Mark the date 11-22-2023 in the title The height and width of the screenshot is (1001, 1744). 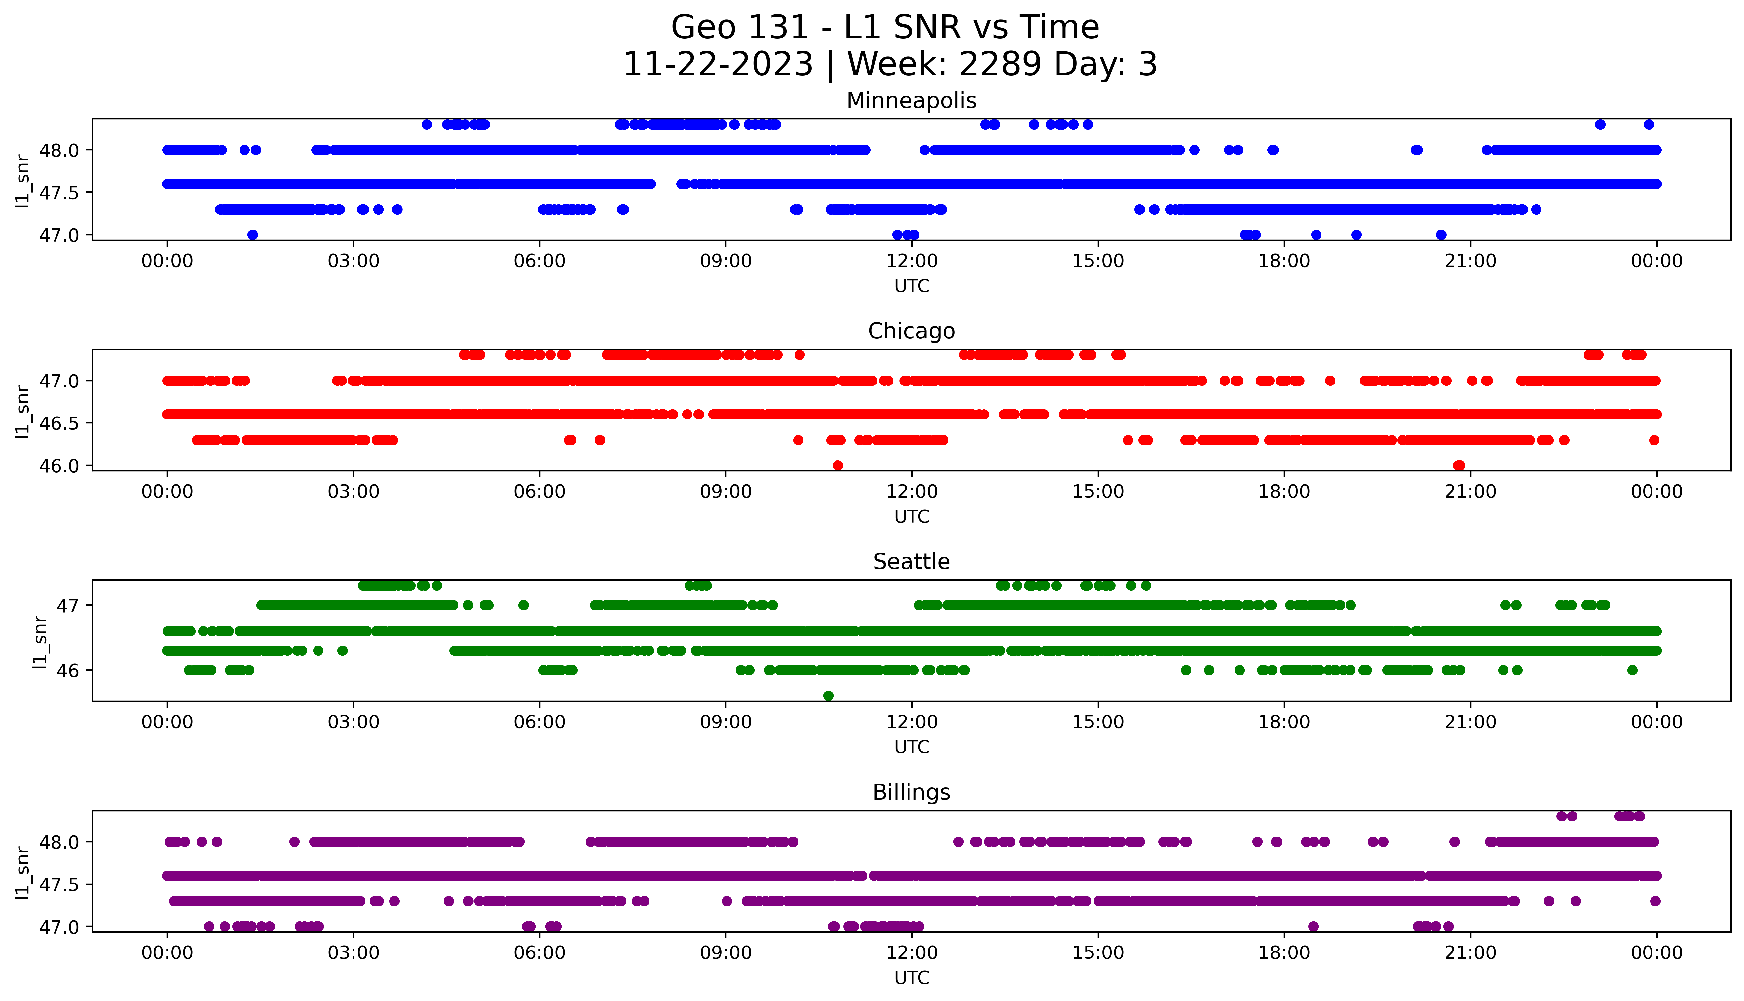pyautogui.click(x=718, y=65)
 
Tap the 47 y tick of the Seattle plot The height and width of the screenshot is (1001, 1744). pyautogui.click(x=69, y=605)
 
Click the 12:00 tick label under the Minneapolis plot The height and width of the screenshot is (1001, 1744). pyautogui.click(x=911, y=261)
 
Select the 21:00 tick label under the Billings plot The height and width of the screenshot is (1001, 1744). pyautogui.click(x=1470, y=953)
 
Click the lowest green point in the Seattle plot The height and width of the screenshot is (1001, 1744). pyautogui.click(x=828, y=696)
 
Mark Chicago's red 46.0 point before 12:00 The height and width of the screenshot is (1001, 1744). pyautogui.click(x=837, y=465)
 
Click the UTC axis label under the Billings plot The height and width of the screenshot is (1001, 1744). pyautogui.click(x=911, y=977)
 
